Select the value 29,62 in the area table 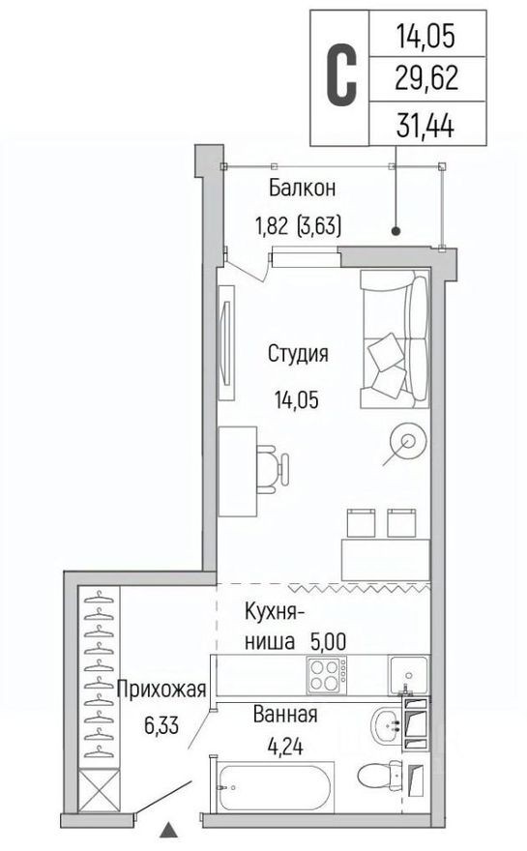pyautogui.click(x=426, y=78)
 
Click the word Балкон pyautogui.click(x=297, y=188)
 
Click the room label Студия pyautogui.click(x=298, y=354)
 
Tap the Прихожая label pyautogui.click(x=161, y=690)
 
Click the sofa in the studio pyautogui.click(x=395, y=339)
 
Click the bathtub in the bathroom pyautogui.click(x=276, y=788)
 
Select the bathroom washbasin pyautogui.click(x=387, y=723)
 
